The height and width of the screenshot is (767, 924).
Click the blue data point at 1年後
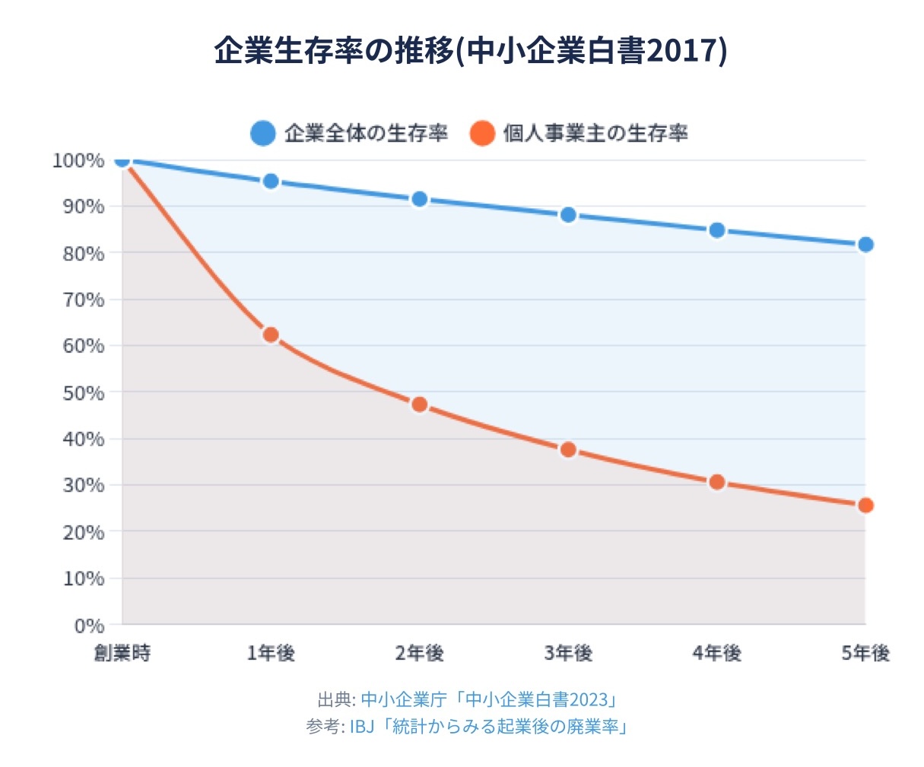[x=271, y=181]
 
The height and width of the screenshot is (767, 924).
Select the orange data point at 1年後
[x=271, y=334]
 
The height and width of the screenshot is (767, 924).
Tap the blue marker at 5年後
[x=865, y=244]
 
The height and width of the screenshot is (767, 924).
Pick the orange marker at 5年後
[x=865, y=506]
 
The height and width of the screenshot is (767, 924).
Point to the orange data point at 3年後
[x=568, y=449]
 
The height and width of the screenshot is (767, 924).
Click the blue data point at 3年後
[x=568, y=215]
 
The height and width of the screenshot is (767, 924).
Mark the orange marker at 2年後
[x=419, y=404]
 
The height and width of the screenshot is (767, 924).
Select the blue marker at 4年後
[x=716, y=230]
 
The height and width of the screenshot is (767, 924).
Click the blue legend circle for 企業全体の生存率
[x=262, y=134]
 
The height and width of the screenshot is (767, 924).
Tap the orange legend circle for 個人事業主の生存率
[x=482, y=134]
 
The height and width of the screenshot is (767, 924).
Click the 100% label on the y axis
[x=78, y=160]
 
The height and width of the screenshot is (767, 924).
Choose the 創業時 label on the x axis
[x=122, y=653]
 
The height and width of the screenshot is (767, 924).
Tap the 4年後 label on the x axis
[x=716, y=653]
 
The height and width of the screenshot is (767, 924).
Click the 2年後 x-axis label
[x=419, y=653]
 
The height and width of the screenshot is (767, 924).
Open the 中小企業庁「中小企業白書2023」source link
[x=487, y=699]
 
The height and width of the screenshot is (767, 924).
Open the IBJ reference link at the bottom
[x=488, y=726]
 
